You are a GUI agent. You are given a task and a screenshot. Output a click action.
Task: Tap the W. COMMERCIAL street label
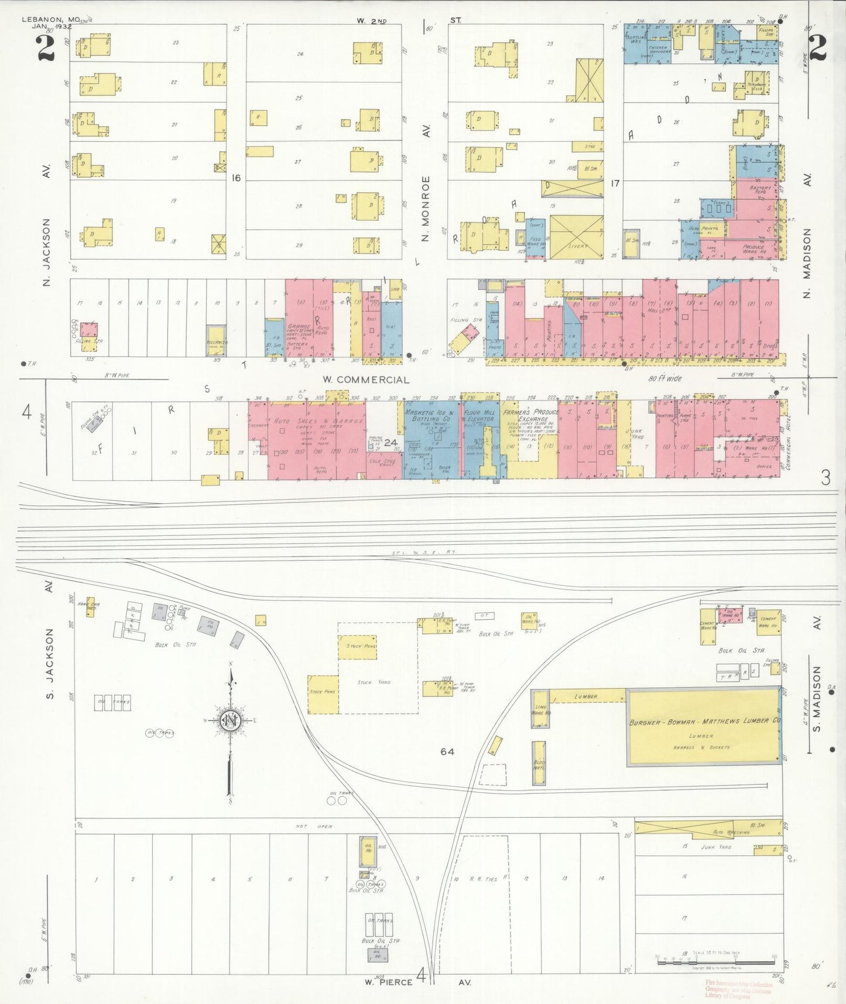366,380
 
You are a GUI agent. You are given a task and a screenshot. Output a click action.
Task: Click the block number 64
447,752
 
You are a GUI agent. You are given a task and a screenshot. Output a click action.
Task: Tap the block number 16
235,178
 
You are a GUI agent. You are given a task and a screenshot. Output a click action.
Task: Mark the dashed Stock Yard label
374,682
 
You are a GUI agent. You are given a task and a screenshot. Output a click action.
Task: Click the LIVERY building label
577,246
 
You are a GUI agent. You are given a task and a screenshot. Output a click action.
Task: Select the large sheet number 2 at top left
46,48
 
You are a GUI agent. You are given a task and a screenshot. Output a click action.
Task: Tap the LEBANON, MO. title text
50,19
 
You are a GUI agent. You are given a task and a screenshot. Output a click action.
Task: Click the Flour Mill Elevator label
479,416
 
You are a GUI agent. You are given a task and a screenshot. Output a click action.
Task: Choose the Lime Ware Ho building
540,710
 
